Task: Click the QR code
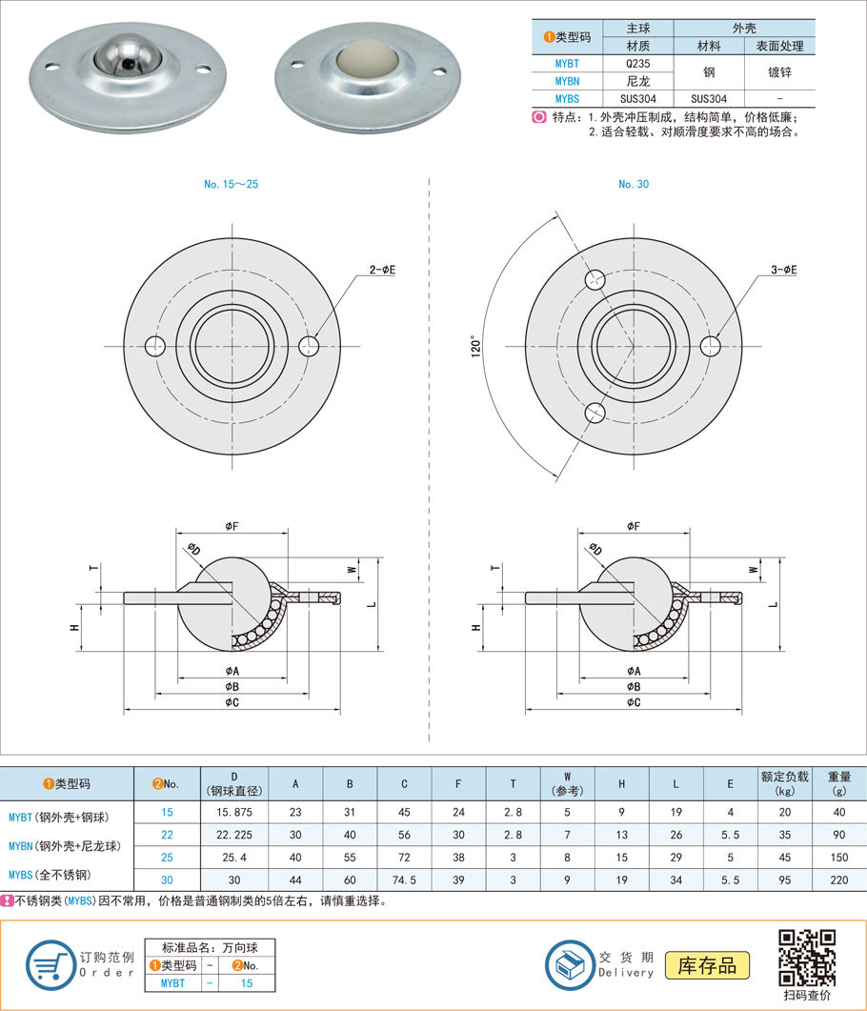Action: (807, 958)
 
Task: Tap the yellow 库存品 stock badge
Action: (707, 965)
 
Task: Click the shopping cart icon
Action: (50, 965)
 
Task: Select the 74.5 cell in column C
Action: (404, 880)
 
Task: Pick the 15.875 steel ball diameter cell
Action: (234, 813)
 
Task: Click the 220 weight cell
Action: (838, 880)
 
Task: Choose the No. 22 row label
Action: (167, 835)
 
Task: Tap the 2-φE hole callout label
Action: (382, 270)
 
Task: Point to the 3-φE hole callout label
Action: (784, 270)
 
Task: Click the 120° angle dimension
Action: (475, 346)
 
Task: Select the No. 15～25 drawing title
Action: (231, 185)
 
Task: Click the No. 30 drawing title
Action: (634, 185)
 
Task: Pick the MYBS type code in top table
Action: (567, 99)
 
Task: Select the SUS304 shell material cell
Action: (709, 99)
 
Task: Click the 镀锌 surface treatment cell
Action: (779, 72)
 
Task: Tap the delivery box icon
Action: (571, 965)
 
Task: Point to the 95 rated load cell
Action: (784, 880)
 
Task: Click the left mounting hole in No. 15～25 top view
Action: (154, 346)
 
